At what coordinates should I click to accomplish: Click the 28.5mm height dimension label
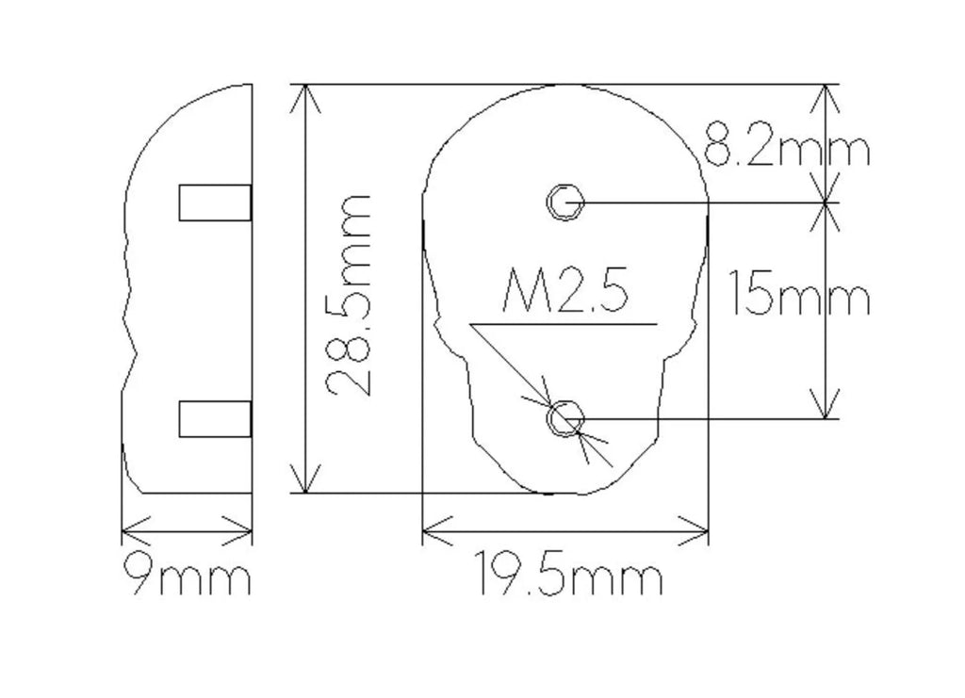[348, 295]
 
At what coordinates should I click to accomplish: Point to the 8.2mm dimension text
[786, 144]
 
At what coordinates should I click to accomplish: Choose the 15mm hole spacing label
[799, 293]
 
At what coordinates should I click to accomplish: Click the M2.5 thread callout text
[565, 289]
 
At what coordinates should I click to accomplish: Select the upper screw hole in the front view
[565, 202]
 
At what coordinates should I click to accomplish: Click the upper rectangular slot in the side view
[215, 203]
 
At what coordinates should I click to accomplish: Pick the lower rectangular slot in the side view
[215, 419]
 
